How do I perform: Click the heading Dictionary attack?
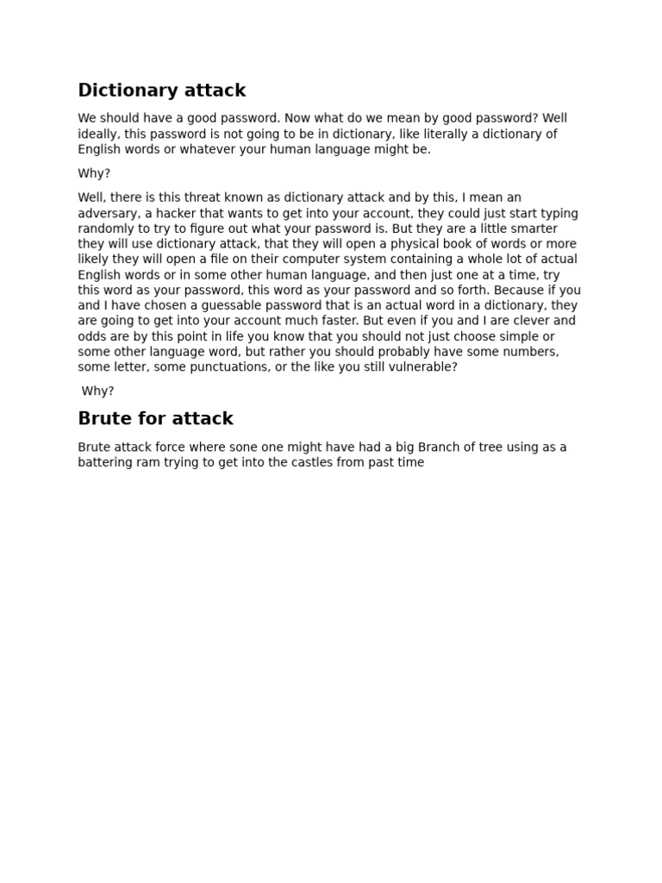(161, 91)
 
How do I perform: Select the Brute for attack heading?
(155, 419)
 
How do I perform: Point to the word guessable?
(262, 306)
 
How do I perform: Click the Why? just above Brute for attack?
(97, 391)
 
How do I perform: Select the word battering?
(105, 463)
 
